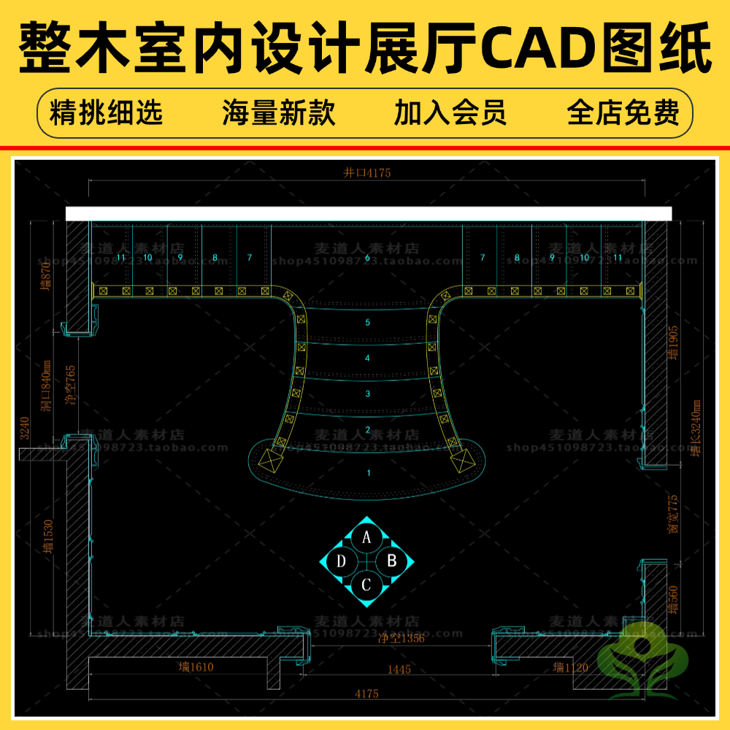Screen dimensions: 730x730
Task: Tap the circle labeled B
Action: coord(391,561)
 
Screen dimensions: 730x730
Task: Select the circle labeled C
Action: coord(367,584)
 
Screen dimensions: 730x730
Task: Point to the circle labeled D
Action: coord(342,561)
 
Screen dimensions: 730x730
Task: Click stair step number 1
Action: coord(369,473)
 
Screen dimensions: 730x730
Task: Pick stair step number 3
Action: coord(368,393)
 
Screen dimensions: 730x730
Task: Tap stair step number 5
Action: coord(368,322)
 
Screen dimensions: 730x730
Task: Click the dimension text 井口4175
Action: coord(367,173)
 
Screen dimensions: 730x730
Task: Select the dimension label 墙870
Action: coord(48,277)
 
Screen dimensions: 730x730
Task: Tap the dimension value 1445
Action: coord(399,669)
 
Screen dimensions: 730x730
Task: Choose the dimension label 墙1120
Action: coord(570,666)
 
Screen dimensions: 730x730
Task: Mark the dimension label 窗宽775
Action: coord(673,514)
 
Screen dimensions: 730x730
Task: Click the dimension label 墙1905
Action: coord(673,343)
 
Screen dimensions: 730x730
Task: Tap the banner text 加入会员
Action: coord(450,113)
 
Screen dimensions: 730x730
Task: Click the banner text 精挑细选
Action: coord(106,113)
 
